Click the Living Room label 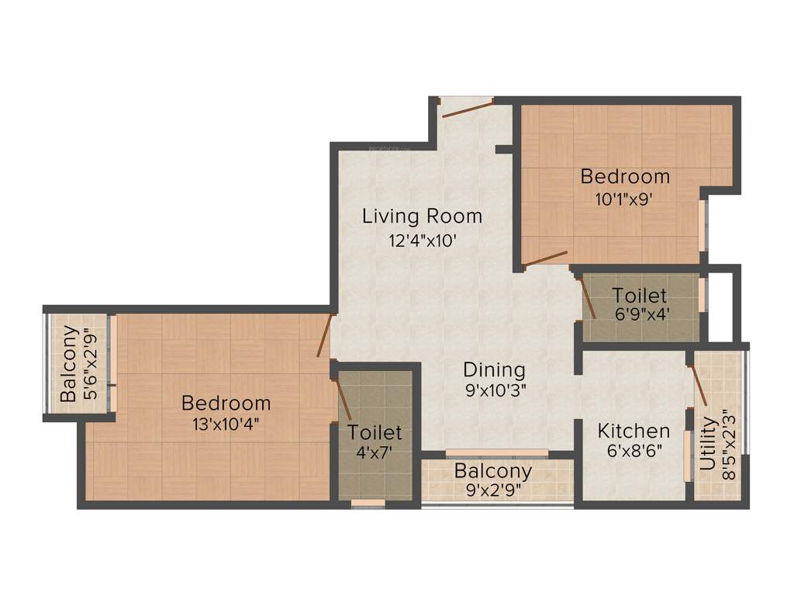[x=422, y=216]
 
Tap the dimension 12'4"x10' [x=422, y=240]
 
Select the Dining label [x=494, y=369]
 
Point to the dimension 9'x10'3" [x=496, y=391]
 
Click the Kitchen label [x=633, y=431]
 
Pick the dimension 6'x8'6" [x=633, y=452]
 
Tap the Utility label [x=708, y=444]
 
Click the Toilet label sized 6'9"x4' [x=639, y=295]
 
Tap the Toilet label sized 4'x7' [x=375, y=431]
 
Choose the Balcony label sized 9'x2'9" [x=493, y=471]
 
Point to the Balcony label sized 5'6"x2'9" [x=69, y=363]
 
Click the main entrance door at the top [x=467, y=108]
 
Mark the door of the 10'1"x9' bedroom [x=544, y=258]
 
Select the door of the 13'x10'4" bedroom [x=325, y=335]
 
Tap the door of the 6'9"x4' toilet [x=587, y=298]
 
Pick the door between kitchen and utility [x=698, y=385]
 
